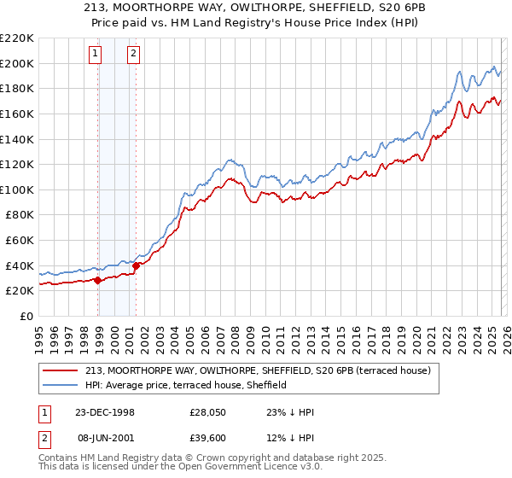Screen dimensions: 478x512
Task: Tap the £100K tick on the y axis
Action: coord(17,189)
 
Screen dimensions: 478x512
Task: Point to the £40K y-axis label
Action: coord(20,265)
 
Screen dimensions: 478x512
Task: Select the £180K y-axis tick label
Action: coord(17,88)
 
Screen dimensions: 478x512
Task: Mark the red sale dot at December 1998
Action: coord(98,280)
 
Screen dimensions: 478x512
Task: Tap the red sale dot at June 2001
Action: coord(136,265)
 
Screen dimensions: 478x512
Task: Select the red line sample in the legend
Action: coord(60,370)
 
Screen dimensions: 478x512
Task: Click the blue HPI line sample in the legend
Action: coord(60,385)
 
